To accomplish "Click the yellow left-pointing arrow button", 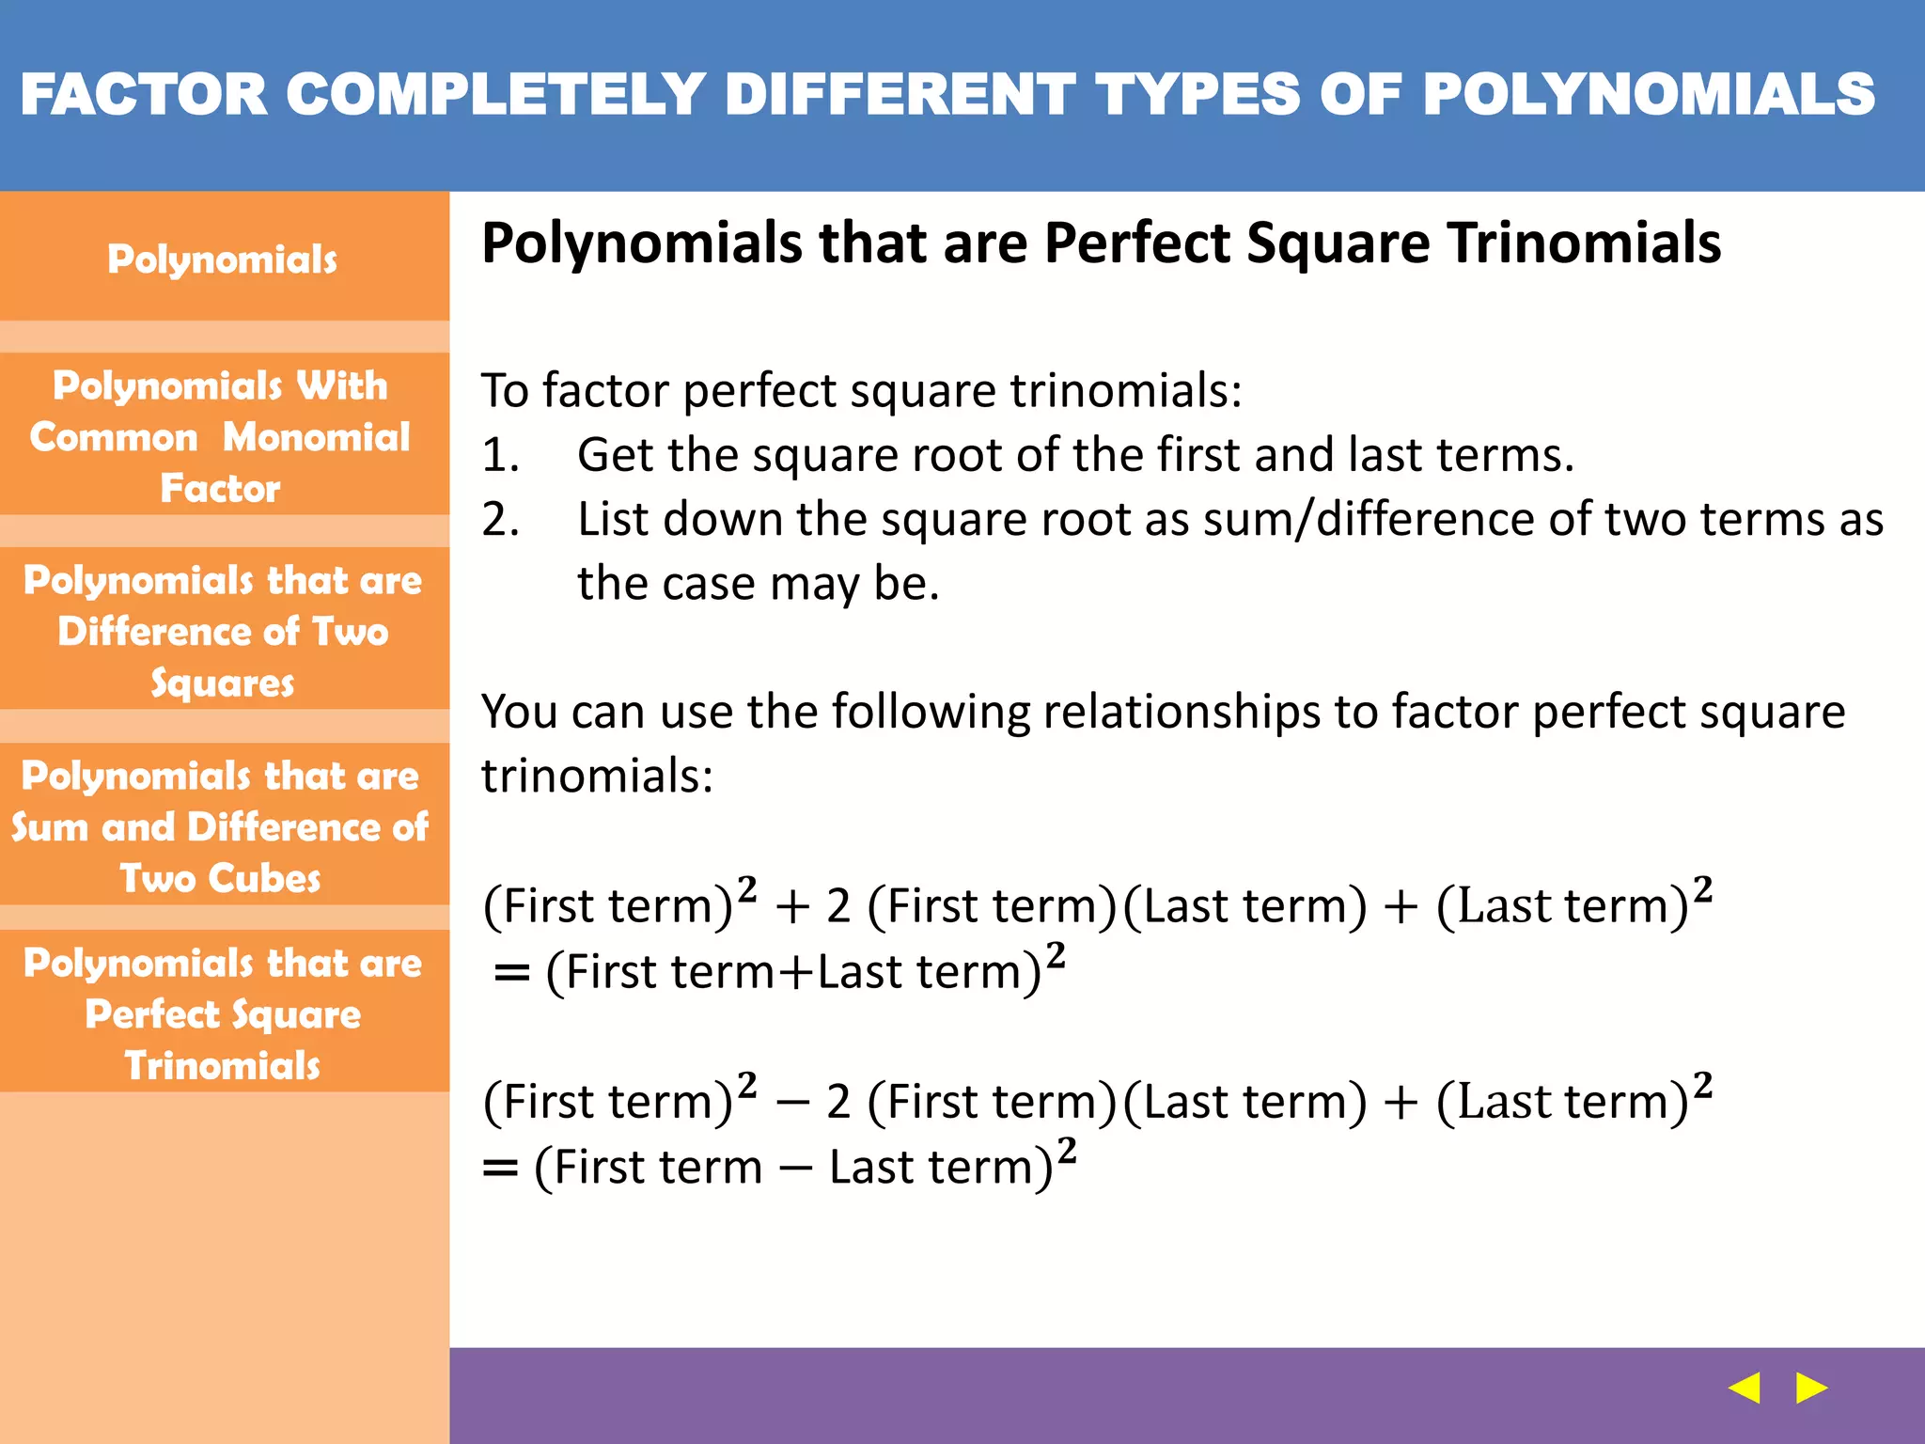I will point(1745,1388).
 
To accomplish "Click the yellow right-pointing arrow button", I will point(1810,1388).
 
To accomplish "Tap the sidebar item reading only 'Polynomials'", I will point(223,259).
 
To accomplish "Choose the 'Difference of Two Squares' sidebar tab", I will point(223,631).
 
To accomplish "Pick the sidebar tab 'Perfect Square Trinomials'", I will point(223,1013).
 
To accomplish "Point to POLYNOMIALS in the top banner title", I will point(1649,95).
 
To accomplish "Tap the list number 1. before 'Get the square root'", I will point(500,456).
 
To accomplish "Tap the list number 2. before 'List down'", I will point(500,520).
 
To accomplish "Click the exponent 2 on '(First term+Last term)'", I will point(1056,955).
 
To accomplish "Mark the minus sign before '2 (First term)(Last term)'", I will point(793,1103).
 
